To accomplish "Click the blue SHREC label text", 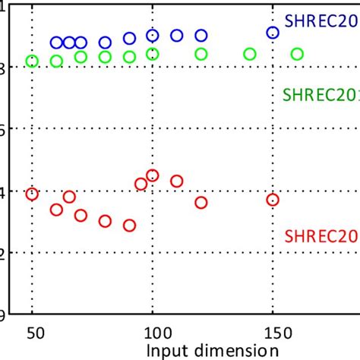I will (321, 21).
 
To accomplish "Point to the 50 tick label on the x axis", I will (32, 332).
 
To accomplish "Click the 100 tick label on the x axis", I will (153, 332).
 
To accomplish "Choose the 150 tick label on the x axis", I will (273, 332).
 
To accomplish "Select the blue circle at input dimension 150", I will (273, 33).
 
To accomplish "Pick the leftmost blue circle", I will (56, 43).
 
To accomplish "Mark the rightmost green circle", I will (297, 54).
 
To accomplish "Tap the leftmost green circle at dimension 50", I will (32, 61).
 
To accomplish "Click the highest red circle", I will (152, 175).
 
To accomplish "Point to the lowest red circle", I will (129, 226).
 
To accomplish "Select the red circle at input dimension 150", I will (273, 200).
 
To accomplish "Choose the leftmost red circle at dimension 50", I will (32, 194).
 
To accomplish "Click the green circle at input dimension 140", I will (249, 54).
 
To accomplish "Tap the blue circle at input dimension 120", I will (201, 36).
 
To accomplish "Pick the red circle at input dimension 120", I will (201, 203).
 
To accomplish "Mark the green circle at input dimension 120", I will (201, 54).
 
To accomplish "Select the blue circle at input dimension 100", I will (152, 36).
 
